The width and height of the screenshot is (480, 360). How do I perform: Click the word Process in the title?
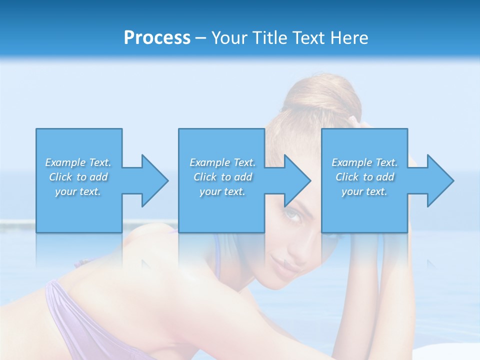157,38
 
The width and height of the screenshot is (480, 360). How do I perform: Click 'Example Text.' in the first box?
78,162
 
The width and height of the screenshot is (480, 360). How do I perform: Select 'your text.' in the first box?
78,191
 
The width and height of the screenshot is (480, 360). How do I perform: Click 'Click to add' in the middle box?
222,177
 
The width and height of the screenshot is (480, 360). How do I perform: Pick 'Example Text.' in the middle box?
222,162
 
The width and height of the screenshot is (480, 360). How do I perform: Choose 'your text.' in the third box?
364,191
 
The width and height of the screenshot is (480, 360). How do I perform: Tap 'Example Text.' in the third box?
364,162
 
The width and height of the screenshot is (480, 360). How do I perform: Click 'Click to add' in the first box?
78,177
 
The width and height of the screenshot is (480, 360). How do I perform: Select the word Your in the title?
229,38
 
